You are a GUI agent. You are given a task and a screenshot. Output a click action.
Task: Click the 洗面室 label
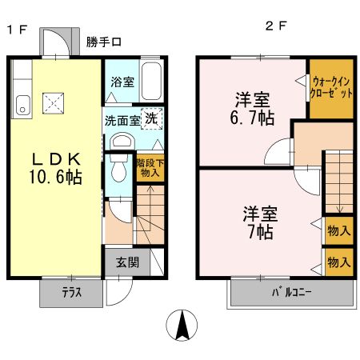pos(122,121)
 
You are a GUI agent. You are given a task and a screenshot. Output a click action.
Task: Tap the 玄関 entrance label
pos(128,262)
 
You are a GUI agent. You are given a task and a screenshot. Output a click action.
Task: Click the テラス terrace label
pos(71,293)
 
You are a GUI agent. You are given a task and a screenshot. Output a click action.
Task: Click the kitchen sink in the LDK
pos(22,102)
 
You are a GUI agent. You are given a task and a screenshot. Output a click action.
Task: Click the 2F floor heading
pos(276,26)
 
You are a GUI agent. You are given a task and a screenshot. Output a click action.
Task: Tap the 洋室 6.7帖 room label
pos(252,109)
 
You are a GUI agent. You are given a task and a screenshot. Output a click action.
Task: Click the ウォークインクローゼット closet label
pos(331,87)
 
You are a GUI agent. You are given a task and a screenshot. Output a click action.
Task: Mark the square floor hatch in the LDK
pos(54,101)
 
